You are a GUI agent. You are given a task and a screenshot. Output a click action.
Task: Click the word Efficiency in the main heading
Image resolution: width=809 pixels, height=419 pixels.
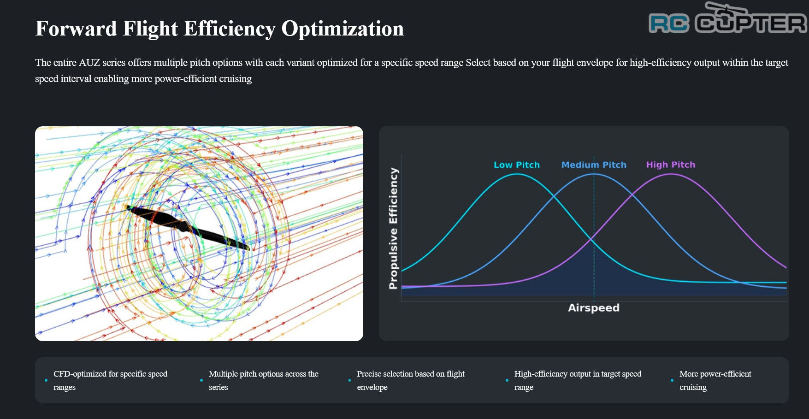pyautogui.click(x=230, y=29)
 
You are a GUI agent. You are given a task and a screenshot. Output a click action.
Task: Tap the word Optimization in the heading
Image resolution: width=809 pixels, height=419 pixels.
pyautogui.click(x=342, y=29)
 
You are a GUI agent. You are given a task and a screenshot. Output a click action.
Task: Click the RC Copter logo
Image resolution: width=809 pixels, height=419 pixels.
pyautogui.click(x=727, y=18)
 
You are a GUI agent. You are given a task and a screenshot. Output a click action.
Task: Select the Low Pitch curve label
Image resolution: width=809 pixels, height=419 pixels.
pyautogui.click(x=517, y=165)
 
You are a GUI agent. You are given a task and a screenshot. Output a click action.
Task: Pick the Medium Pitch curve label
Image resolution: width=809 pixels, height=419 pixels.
pyautogui.click(x=594, y=165)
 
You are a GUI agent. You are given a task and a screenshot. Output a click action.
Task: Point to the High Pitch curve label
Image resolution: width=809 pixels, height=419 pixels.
pyautogui.click(x=671, y=165)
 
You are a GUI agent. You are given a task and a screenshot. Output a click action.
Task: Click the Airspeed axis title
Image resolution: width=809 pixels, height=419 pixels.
pyautogui.click(x=594, y=307)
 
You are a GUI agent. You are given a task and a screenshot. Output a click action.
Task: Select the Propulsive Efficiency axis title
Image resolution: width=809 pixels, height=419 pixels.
pyautogui.click(x=393, y=228)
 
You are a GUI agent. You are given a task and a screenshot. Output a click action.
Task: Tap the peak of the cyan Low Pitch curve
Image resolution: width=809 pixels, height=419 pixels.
pyautogui.click(x=517, y=174)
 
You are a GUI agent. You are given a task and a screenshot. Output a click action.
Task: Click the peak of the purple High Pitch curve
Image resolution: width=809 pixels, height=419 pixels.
pyautogui.click(x=671, y=174)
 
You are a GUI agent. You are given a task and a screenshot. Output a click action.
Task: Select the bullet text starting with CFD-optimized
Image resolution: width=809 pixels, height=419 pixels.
pyautogui.click(x=110, y=380)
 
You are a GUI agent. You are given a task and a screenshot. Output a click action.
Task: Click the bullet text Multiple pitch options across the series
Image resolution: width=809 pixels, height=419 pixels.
pyautogui.click(x=264, y=380)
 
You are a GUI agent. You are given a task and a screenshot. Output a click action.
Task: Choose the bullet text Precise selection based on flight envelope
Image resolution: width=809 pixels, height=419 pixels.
pyautogui.click(x=411, y=380)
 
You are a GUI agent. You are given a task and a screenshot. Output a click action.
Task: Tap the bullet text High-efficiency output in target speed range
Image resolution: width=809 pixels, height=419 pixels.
pyautogui.click(x=578, y=380)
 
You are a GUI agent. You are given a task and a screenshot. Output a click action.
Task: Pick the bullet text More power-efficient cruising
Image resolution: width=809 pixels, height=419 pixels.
pyautogui.click(x=715, y=380)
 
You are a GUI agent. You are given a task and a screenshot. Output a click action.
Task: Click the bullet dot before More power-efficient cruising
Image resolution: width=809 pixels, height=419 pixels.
pyautogui.click(x=672, y=380)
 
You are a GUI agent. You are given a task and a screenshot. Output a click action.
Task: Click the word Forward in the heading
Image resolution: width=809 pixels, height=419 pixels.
pyautogui.click(x=76, y=29)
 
